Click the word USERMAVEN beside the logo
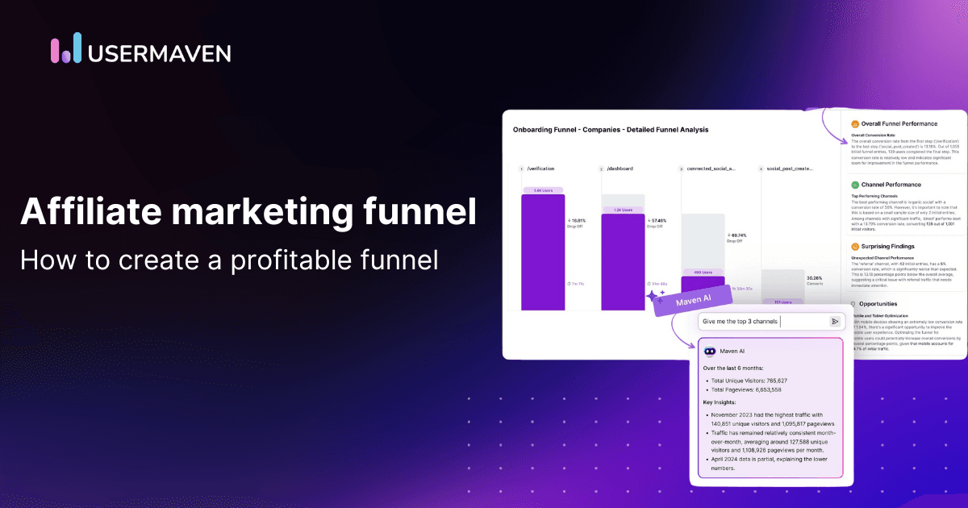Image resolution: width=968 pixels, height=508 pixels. [x=161, y=52]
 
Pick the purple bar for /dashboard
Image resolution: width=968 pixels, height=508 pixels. [x=623, y=261]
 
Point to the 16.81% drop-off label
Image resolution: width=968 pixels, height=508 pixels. [x=578, y=219]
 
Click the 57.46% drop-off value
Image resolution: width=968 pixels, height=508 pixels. [x=659, y=219]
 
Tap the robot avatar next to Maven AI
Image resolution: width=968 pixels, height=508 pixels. [x=710, y=352]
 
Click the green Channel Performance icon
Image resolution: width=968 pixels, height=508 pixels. [x=854, y=185]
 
